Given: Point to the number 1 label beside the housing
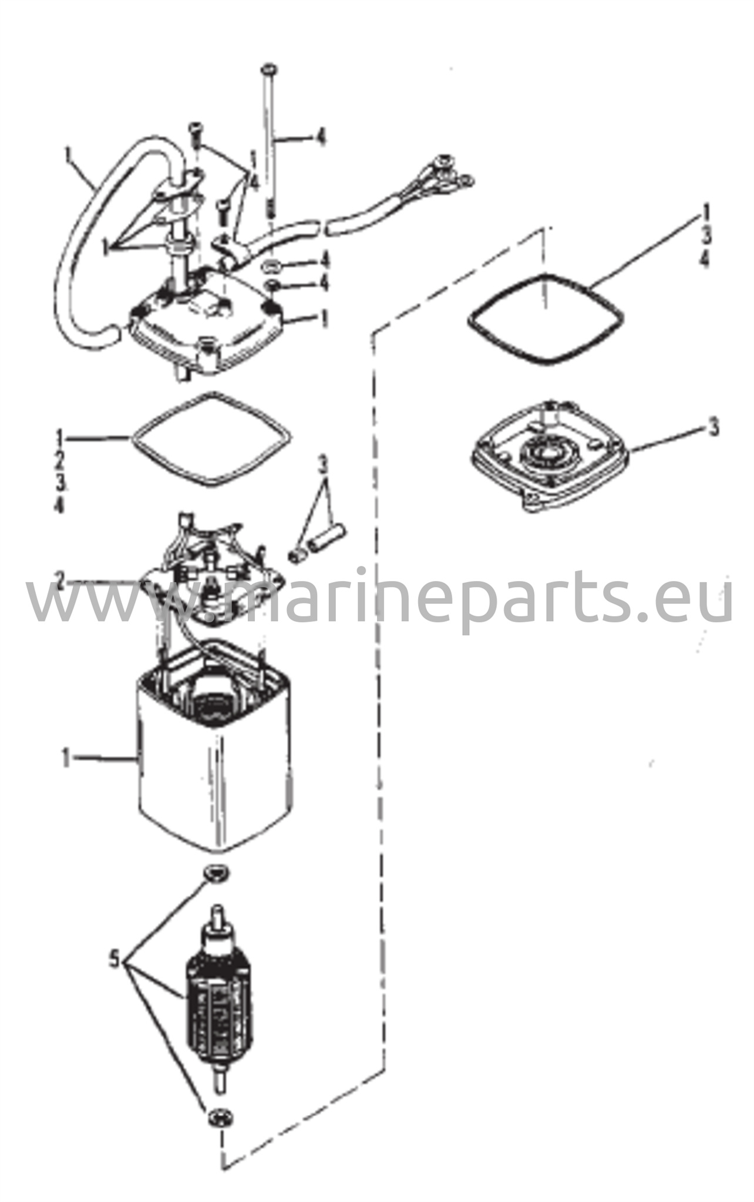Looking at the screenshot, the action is point(66,759).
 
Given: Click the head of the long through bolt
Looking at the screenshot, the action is point(268,69).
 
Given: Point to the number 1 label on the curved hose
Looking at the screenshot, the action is point(69,157).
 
